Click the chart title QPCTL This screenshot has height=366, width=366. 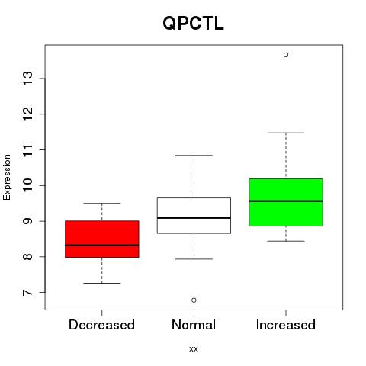click(193, 24)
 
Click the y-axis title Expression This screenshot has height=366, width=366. click(7, 177)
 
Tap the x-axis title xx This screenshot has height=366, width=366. click(194, 348)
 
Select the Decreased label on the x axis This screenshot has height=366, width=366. click(101, 325)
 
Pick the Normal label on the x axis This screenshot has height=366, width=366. click(194, 325)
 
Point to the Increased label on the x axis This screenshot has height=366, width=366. click(286, 325)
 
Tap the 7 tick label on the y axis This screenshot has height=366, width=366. click(27, 293)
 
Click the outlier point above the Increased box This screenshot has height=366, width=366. click(286, 55)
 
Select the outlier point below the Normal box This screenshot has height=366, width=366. click(194, 300)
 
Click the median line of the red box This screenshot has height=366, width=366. click(102, 246)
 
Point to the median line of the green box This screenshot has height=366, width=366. click(286, 201)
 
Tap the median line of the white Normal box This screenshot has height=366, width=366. click(194, 218)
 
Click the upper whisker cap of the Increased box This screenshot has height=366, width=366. click(286, 133)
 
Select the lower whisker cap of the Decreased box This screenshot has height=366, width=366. click(102, 283)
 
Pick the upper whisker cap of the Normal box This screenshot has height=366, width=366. click(194, 155)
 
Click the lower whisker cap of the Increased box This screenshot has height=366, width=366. click(286, 241)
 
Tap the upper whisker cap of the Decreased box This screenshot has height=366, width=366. click(102, 203)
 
